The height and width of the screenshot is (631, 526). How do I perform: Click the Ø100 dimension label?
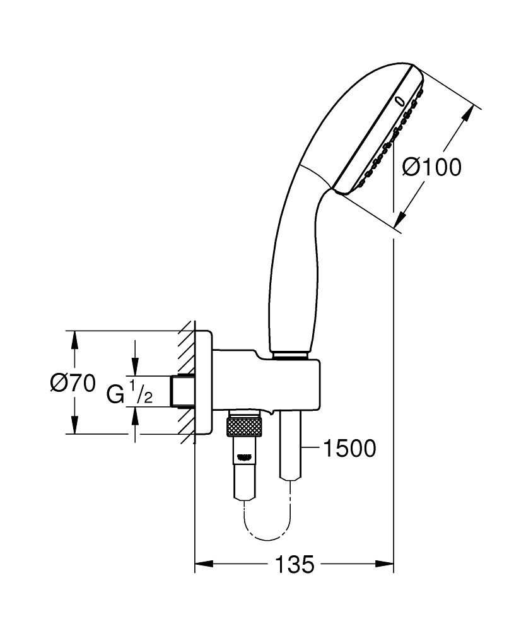(x=432, y=167)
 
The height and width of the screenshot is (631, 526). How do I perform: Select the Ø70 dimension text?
(x=73, y=382)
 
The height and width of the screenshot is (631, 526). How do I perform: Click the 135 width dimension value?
(x=294, y=564)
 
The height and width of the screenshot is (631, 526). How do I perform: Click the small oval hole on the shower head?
(x=399, y=100)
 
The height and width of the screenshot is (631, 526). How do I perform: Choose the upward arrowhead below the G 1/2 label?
(x=134, y=415)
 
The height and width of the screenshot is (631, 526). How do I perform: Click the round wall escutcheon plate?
(x=203, y=382)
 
